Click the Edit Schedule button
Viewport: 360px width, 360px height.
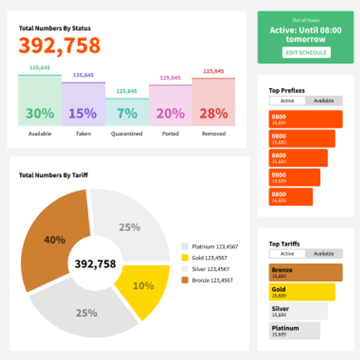tap(306, 52)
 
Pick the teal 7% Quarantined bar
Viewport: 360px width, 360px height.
tap(127, 112)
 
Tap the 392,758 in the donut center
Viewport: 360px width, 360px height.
tap(95, 264)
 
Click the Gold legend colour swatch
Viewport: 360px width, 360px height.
tap(185, 258)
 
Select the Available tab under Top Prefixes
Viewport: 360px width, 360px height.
tap(323, 101)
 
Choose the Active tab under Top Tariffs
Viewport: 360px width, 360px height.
tap(287, 254)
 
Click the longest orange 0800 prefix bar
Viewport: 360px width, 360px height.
tap(305, 119)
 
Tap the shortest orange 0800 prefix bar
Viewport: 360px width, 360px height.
tap(290, 197)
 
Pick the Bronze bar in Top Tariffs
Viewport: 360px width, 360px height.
tap(305, 272)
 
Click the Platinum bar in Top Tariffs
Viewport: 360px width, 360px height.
tap(294, 331)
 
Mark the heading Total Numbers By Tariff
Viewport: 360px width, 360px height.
tap(53, 175)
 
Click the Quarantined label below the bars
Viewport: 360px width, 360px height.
tap(127, 134)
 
